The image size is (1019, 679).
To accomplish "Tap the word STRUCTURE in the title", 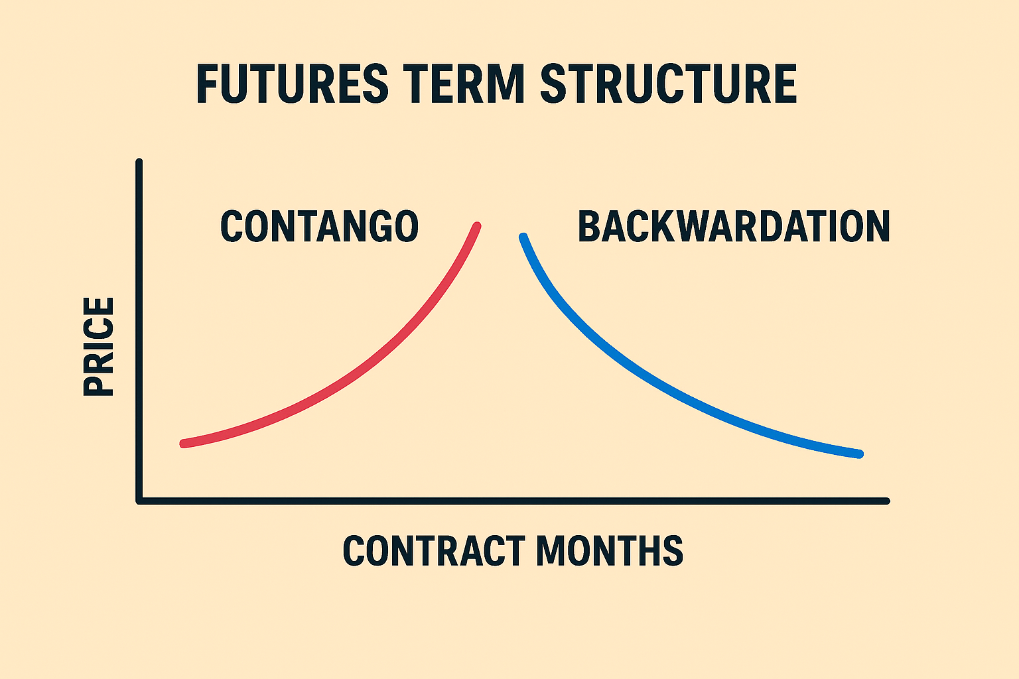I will click(x=669, y=84).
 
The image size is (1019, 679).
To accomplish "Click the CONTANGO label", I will click(x=319, y=226).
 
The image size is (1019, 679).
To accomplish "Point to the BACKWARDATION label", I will click(x=734, y=226).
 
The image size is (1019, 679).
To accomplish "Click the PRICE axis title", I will click(x=99, y=346).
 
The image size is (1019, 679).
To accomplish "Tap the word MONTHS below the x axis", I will click(x=610, y=550).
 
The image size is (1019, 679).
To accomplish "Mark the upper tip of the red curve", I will click(x=477, y=226).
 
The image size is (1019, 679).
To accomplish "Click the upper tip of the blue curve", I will click(x=523, y=237).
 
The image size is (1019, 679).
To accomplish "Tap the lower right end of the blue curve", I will click(x=860, y=454).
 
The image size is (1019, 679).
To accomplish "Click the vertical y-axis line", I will click(x=139, y=332).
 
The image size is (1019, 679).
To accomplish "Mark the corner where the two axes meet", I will click(x=139, y=501).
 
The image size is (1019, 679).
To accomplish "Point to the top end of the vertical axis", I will click(x=139, y=162).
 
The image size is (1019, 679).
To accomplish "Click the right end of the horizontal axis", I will click(x=886, y=501).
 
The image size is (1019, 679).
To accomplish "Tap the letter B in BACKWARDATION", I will click(x=588, y=226).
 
